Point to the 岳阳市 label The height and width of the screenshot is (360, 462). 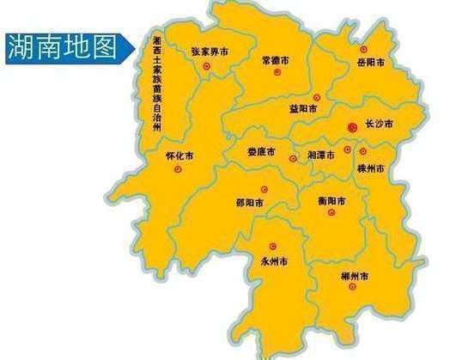coord(370,63)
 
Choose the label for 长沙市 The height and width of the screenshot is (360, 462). coord(378,126)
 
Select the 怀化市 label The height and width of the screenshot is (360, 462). coord(179,157)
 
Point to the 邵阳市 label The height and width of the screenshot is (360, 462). coord(249,204)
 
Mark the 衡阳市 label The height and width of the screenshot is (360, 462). coord(331,201)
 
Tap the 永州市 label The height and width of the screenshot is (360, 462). coord(274,259)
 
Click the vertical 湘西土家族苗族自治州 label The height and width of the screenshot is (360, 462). coord(156,85)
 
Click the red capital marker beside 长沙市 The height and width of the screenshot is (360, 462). coord(351,127)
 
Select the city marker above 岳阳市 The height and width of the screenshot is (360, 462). coord(363,49)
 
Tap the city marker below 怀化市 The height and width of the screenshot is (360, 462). coord(178,170)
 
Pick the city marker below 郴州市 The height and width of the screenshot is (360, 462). coord(351,288)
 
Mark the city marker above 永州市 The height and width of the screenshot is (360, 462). coord(273,246)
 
